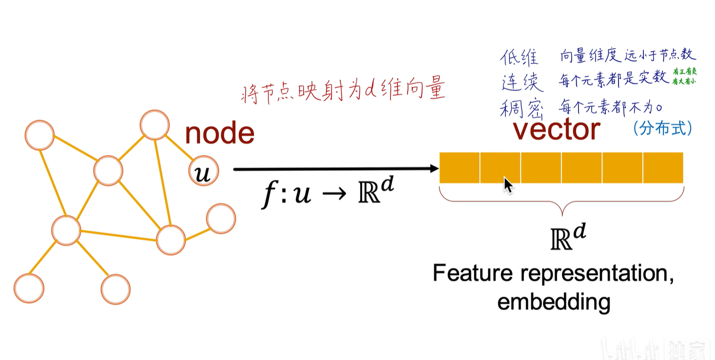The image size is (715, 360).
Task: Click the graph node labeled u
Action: [203, 172]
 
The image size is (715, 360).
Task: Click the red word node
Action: [219, 133]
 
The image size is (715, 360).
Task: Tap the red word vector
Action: [556, 130]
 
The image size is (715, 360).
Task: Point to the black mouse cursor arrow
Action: [508, 186]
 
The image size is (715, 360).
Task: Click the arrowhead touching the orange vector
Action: [434, 169]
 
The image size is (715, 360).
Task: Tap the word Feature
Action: [473, 273]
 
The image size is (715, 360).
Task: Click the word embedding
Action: [554, 302]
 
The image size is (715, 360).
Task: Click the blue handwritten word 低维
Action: [520, 57]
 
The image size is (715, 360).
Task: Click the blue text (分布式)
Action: [662, 128]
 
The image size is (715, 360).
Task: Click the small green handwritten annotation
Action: [684, 77]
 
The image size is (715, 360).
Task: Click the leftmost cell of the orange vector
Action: [460, 168]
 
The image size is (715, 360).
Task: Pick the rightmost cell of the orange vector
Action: [663, 168]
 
